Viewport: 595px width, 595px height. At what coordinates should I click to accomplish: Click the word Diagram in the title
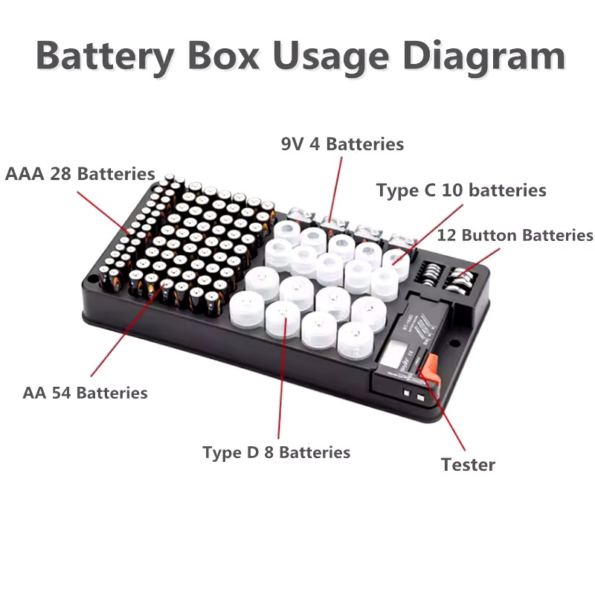coord(484,57)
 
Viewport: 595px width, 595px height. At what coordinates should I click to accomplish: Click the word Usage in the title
coord(331,57)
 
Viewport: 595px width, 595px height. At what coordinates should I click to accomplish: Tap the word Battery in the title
coord(105,57)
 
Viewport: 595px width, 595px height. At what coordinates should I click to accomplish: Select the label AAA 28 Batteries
coord(80,174)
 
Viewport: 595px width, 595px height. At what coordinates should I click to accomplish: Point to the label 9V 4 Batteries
coord(342,144)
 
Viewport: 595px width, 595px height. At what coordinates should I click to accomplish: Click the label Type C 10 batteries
coord(461,190)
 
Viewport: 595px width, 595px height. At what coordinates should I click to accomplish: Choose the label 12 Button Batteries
coord(515,235)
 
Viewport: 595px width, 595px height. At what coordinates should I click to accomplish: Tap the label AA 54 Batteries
coord(85,393)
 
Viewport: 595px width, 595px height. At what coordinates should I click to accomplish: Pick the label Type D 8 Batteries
coord(276,452)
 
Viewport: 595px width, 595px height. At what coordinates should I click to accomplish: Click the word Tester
coord(468,465)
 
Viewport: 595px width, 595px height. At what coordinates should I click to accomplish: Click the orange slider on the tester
coord(429,367)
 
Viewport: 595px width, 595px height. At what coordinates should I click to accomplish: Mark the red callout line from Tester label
coord(441,409)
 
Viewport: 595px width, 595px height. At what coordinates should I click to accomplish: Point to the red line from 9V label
coord(336,189)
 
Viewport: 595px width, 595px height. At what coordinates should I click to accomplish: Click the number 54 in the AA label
coord(61,393)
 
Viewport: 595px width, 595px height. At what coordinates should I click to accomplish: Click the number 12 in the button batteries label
coord(447,235)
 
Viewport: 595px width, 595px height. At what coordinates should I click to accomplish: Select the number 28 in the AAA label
coord(60,174)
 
